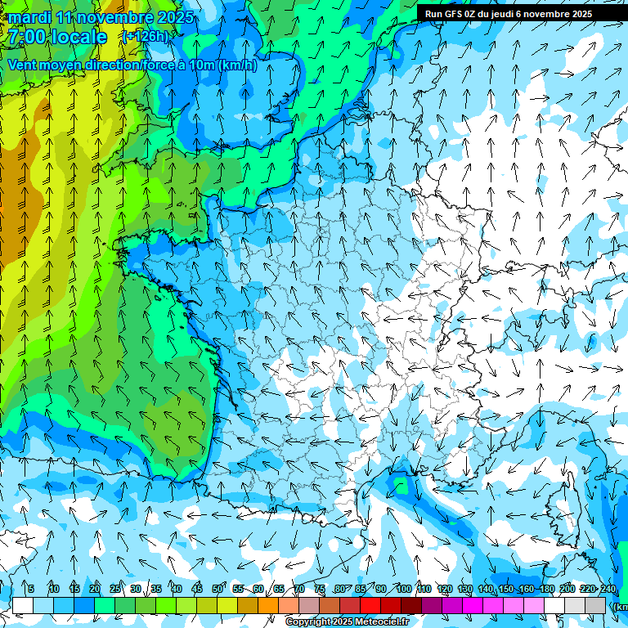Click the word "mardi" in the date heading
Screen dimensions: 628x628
[x=29, y=17]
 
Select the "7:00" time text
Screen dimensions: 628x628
[x=27, y=37]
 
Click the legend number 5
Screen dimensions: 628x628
[x=30, y=589]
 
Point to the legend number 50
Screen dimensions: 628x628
[x=218, y=589]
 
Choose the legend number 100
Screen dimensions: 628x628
[x=403, y=589]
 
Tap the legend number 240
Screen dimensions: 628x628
[x=608, y=589]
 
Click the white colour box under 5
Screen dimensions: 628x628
[x=23, y=605]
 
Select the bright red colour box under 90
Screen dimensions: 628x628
[x=370, y=605]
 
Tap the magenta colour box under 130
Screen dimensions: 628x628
[x=473, y=605]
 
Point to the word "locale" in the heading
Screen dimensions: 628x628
[x=78, y=37]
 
